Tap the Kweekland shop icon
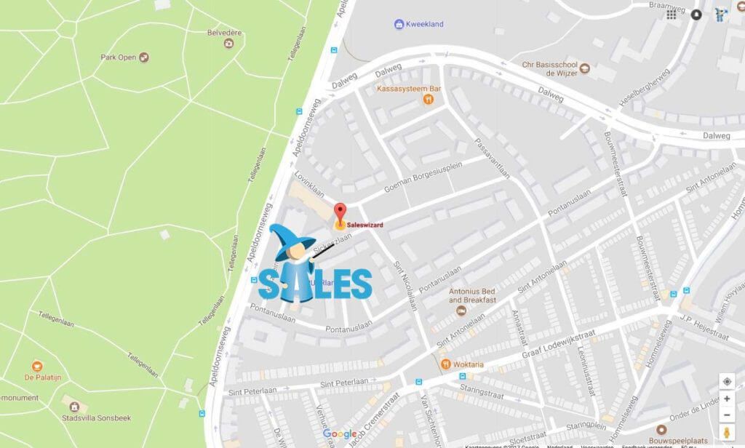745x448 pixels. click(x=399, y=24)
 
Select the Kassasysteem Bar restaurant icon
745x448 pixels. click(x=430, y=101)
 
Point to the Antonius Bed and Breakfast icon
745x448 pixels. click(x=461, y=311)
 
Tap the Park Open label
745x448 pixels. click(x=119, y=57)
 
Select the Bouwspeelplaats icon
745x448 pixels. click(x=661, y=430)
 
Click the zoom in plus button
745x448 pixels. click(x=726, y=399)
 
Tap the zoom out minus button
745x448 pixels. click(x=726, y=415)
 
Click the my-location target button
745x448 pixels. click(x=726, y=381)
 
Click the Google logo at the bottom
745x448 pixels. click(x=340, y=434)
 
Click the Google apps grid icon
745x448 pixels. click(x=672, y=15)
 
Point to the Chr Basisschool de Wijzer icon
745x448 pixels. click(x=583, y=68)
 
